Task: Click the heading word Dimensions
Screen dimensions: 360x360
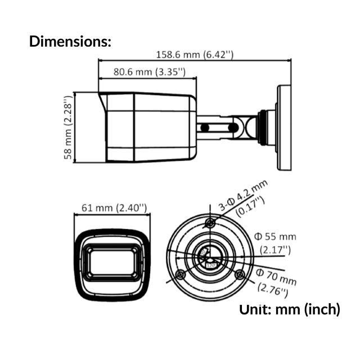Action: click(70, 41)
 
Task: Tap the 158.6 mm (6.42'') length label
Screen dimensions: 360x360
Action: click(194, 55)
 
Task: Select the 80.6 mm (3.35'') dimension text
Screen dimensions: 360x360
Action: click(149, 72)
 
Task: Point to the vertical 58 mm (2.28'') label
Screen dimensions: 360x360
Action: click(68, 128)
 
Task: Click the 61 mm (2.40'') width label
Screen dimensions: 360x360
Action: click(114, 208)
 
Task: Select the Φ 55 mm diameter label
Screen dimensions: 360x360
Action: click(275, 236)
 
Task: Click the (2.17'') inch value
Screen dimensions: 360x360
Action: click(276, 249)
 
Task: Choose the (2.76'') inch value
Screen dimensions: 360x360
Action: click(273, 290)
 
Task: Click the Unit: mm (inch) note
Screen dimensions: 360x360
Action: click(290, 309)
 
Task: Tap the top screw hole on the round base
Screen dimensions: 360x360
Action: click(210, 223)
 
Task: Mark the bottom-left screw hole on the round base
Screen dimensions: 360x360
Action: click(180, 274)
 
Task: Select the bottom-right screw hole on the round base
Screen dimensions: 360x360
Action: click(240, 274)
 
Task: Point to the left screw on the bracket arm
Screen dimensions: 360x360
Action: click(206, 128)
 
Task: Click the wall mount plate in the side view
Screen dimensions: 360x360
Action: click(285, 128)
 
